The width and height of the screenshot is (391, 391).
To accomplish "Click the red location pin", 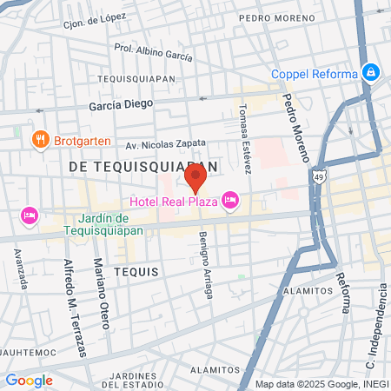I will click(x=195, y=179).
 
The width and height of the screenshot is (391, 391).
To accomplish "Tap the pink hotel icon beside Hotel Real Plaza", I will click(x=230, y=201).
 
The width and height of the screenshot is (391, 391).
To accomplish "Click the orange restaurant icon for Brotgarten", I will click(x=39, y=139).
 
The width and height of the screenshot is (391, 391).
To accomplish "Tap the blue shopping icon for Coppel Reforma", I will click(x=371, y=72).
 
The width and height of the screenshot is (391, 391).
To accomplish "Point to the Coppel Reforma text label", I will click(x=314, y=74).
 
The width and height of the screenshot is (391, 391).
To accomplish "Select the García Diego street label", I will click(x=120, y=103).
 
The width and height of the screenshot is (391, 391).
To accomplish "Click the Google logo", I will click(x=29, y=380).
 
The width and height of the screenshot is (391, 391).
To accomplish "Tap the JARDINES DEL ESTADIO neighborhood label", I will click(x=139, y=379).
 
